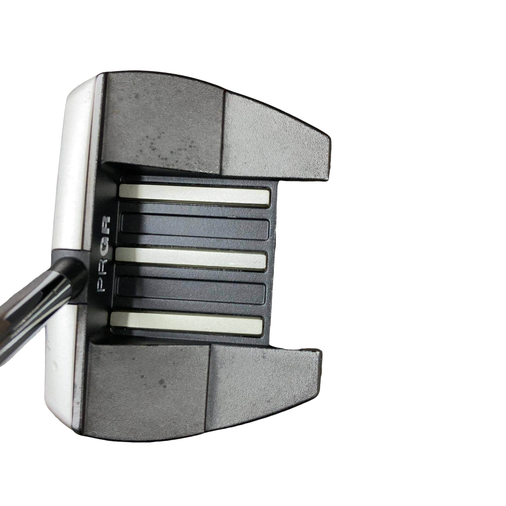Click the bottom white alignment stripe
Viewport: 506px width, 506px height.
(187, 324)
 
